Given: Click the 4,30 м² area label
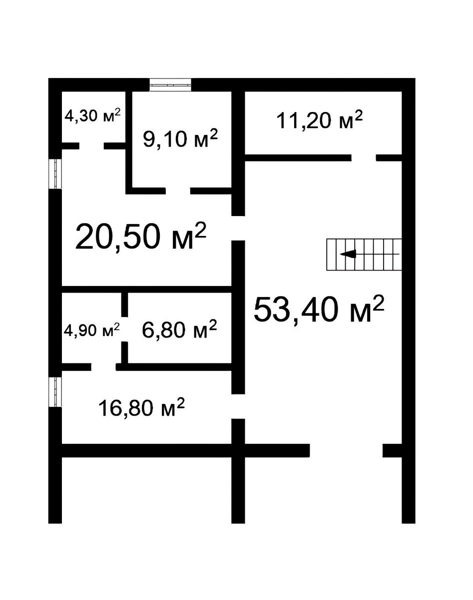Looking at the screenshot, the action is (93, 115).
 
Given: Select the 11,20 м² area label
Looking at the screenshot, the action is (320, 120).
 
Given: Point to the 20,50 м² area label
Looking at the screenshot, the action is (141, 236).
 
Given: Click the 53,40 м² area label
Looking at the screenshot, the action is (319, 309).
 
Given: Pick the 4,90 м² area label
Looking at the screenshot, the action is (92, 330).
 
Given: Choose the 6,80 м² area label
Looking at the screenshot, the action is (179, 329).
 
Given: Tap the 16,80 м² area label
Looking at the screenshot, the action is (141, 407).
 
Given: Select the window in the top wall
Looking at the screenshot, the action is (170, 85).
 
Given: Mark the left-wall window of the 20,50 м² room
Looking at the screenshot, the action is (55, 173).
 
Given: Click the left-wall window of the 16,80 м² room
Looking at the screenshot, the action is (55, 392).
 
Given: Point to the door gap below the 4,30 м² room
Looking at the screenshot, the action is (91, 146).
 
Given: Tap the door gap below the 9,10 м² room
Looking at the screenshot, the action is (178, 191).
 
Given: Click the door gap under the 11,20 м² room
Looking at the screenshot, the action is (364, 158).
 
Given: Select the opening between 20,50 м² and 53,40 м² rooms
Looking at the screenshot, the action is (238, 228).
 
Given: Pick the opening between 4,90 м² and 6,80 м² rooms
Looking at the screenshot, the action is (124, 329).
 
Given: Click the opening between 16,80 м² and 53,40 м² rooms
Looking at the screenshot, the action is (238, 406).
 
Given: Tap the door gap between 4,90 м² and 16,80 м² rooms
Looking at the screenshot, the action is (103, 367).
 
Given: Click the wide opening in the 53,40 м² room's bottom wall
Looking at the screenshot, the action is (346, 450).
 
